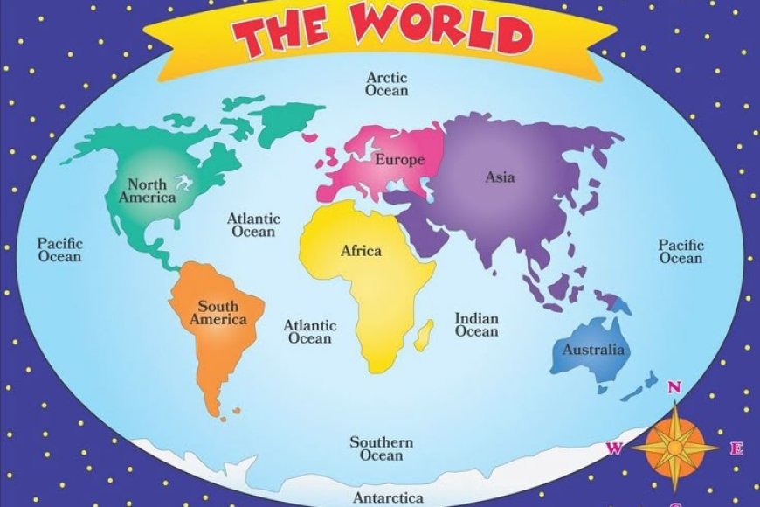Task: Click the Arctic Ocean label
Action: click(x=387, y=83)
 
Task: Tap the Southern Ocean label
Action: click(x=381, y=448)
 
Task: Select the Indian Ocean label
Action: click(x=477, y=324)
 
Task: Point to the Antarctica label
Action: click(x=389, y=497)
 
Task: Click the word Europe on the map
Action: click(x=399, y=160)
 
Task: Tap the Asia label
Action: click(x=501, y=177)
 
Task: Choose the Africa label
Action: click(x=361, y=251)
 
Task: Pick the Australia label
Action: click(x=593, y=350)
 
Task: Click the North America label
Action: click(x=148, y=191)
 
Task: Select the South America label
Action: click(x=218, y=312)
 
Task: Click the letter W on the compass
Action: click(x=614, y=449)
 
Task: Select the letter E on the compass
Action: click(x=736, y=449)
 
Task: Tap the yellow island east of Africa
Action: click(x=425, y=332)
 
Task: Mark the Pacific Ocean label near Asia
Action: click(x=681, y=252)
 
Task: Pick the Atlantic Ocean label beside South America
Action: click(x=310, y=331)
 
